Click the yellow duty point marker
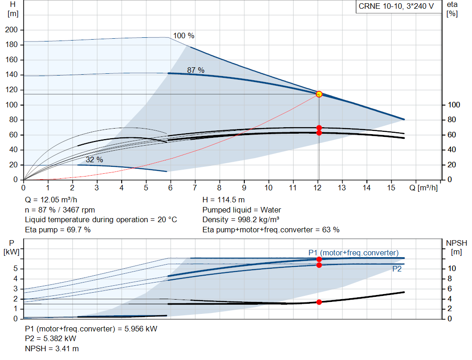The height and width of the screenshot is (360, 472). (x=319, y=94)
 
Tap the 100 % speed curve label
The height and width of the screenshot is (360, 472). (x=183, y=36)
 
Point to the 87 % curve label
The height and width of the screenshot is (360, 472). (x=195, y=70)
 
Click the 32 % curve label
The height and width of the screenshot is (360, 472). (x=94, y=159)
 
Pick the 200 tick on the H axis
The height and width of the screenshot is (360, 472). (x=12, y=30)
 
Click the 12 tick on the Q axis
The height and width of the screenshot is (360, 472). (x=317, y=188)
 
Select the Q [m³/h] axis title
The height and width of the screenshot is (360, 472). (x=423, y=188)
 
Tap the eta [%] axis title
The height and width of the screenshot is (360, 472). (x=452, y=9)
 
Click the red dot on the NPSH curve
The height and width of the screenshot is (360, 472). (x=319, y=302)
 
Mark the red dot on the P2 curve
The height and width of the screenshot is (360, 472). (x=319, y=265)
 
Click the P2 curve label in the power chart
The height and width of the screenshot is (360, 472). (x=397, y=269)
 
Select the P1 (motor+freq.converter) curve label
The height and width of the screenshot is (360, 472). (x=354, y=253)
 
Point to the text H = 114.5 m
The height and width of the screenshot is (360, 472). (x=224, y=200)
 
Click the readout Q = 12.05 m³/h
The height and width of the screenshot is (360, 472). (x=51, y=200)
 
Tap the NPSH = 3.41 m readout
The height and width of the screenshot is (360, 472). (x=52, y=348)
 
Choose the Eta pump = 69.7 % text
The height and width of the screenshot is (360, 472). (x=58, y=230)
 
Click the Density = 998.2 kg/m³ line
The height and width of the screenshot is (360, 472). (x=241, y=220)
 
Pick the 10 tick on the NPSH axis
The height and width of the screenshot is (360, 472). (x=452, y=268)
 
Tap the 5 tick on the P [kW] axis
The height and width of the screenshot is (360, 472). (x=16, y=268)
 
